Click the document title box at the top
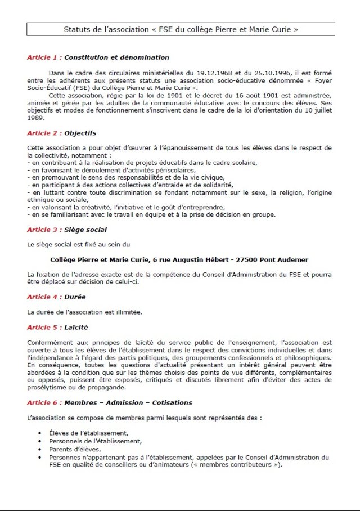pyautogui.click(x=181, y=29)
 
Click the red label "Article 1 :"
pyautogui.click(x=44, y=57)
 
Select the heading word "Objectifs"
pyautogui.click(x=80, y=133)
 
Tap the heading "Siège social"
pyautogui.click(x=85, y=230)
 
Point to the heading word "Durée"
pyautogui.click(x=75, y=297)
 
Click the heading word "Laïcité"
pyautogui.click(x=76, y=327)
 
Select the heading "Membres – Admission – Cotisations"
pyautogui.click(x=128, y=402)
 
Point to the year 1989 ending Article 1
pyautogui.click(x=35, y=118)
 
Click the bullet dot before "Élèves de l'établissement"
pyautogui.click(x=40, y=433)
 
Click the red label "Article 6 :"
pyautogui.click(x=44, y=402)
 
